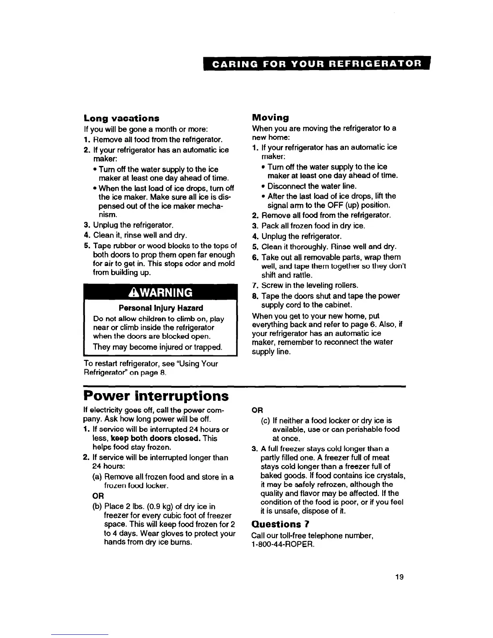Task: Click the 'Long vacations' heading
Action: pyautogui.click(x=121, y=118)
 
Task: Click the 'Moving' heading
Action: pyautogui.click(x=270, y=118)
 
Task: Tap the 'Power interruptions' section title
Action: pyautogui.click(x=156, y=396)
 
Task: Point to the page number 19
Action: pyautogui.click(x=399, y=577)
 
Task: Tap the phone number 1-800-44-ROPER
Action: pyautogui.click(x=282, y=544)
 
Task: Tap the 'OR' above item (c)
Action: pyautogui.click(x=257, y=410)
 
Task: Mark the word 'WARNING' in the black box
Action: pyautogui.click(x=165, y=293)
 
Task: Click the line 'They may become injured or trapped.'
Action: pyautogui.click(x=157, y=347)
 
